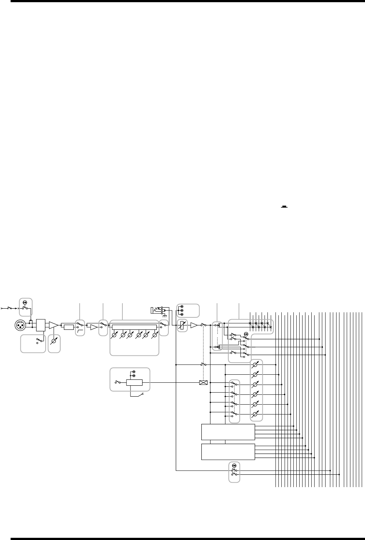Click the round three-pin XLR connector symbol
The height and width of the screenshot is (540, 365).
(x=21, y=324)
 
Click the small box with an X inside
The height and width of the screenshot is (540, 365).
(x=203, y=383)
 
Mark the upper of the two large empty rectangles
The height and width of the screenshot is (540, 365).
(x=228, y=432)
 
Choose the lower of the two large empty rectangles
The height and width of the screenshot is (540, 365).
(x=228, y=452)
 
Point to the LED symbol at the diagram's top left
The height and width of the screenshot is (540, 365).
(x=25, y=302)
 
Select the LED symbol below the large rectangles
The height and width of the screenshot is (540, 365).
(x=234, y=465)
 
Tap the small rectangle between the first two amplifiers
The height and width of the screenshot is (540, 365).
(x=68, y=327)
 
